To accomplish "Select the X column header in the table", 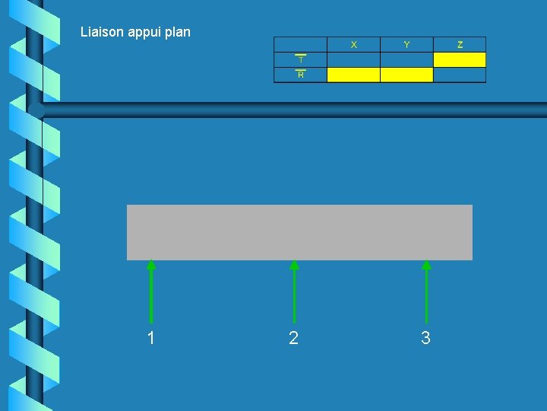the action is point(353,45).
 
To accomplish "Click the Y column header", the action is point(406,45).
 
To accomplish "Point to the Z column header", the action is point(460,45).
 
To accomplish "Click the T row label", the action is point(300,59).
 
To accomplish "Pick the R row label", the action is point(300,75).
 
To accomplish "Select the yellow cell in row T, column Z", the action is point(460,59).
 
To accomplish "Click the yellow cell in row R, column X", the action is point(353,75).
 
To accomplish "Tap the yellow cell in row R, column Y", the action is point(406,75).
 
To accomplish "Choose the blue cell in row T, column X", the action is point(353,59).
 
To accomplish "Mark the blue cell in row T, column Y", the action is point(406,59).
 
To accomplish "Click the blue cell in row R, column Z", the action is point(460,75).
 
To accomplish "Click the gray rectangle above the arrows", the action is point(299,232).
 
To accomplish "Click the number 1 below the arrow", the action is point(151,339).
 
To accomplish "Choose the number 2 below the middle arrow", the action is point(294,339).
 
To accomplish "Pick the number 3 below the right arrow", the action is point(425,339).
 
